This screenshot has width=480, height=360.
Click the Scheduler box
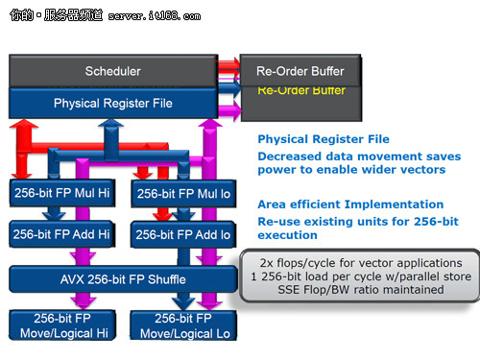click(113, 71)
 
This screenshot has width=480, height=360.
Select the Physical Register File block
click(113, 103)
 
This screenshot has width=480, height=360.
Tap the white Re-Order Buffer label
click(300, 71)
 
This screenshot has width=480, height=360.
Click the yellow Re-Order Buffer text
click(301, 90)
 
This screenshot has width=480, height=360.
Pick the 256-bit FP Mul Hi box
click(62, 193)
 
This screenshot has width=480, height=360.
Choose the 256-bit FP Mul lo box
click(183, 194)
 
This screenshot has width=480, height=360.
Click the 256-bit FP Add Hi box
click(61, 234)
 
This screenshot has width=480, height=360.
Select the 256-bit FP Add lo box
click(183, 234)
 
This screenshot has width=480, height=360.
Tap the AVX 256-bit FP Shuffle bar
click(123, 279)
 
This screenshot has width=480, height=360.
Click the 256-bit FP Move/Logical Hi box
click(62, 325)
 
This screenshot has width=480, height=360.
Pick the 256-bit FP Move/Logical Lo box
click(183, 325)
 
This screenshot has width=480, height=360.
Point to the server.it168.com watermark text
click(155, 16)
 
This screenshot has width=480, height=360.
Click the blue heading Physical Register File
click(324, 139)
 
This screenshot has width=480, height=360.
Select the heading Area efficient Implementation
click(350, 204)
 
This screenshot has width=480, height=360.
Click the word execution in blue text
click(287, 235)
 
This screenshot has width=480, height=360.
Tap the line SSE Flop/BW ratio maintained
click(361, 290)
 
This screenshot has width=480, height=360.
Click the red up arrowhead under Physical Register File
click(24, 124)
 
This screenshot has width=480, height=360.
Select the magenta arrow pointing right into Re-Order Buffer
click(229, 111)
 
